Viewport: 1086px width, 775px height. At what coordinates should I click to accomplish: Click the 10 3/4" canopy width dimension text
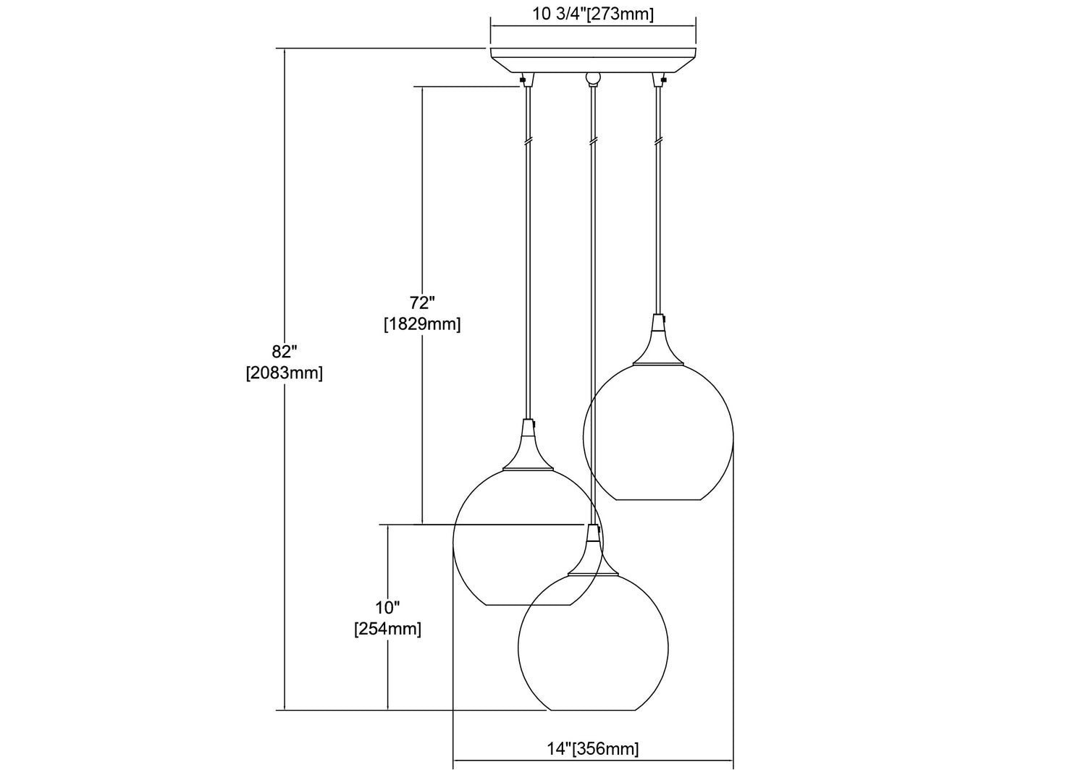coord(594,14)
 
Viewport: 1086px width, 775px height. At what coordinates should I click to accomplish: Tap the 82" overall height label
coord(284,350)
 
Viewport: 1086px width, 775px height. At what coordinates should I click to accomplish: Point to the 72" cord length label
coord(422,302)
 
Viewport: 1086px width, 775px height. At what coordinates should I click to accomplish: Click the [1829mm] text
coord(422,323)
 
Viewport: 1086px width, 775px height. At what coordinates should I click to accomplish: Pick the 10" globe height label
coord(387,607)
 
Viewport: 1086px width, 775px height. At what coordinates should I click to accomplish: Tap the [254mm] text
coord(387,629)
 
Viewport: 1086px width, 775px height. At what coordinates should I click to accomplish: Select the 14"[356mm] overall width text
coord(593,748)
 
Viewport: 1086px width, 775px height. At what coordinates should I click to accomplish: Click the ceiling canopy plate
coord(594,61)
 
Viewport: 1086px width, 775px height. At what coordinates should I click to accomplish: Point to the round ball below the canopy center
coord(593,77)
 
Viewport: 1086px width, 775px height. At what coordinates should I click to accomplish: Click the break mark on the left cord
coord(528,140)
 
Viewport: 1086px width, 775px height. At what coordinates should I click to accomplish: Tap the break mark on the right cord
coord(658,140)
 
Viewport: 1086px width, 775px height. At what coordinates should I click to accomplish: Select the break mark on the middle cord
coord(592,140)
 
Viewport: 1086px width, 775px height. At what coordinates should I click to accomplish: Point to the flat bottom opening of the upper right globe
coord(658,499)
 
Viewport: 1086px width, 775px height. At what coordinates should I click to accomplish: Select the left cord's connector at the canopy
coord(527,80)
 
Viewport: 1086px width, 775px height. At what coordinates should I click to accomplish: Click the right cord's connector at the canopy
coord(659,80)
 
